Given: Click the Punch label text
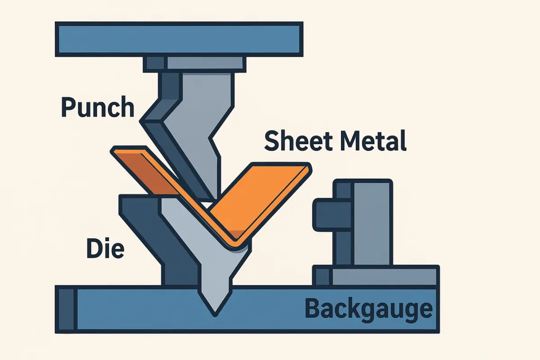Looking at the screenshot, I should point(97,108).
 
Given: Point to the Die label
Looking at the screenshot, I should point(104,248).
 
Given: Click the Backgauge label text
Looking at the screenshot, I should point(369,309).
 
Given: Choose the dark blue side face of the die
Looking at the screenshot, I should point(148,234).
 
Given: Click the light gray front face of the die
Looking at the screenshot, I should point(211,261).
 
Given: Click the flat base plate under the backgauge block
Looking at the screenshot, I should point(382,275).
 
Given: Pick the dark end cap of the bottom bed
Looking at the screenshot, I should point(66,309).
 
